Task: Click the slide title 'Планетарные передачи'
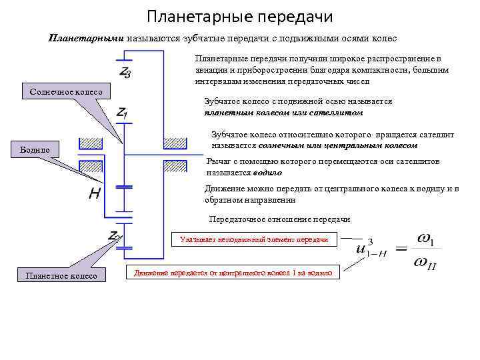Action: [x=239, y=15]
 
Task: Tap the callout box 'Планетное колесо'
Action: [x=61, y=275]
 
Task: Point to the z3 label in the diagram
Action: [x=125, y=71]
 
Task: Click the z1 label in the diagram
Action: [x=123, y=115]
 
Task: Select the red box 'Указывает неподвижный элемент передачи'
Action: [x=254, y=239]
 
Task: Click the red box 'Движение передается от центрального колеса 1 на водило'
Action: [x=233, y=272]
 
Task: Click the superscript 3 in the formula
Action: [x=370, y=241]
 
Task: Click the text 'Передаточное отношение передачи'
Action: [x=279, y=219]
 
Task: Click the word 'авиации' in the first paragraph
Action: [x=212, y=70]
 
